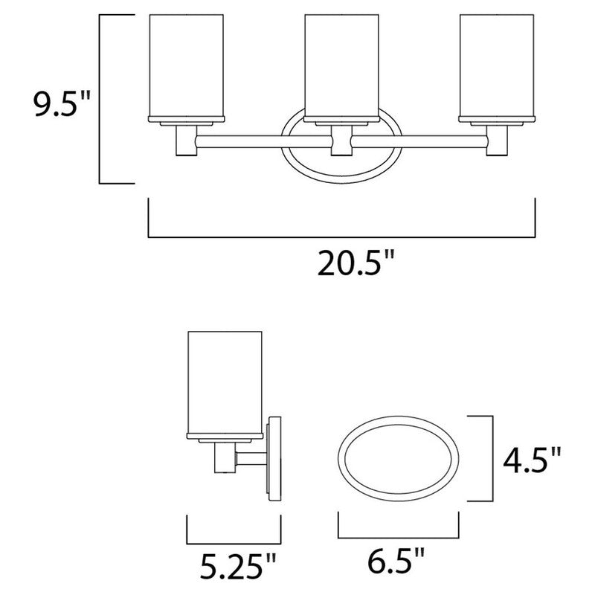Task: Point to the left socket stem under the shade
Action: pos(184,139)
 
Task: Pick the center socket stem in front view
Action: pos(341,139)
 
